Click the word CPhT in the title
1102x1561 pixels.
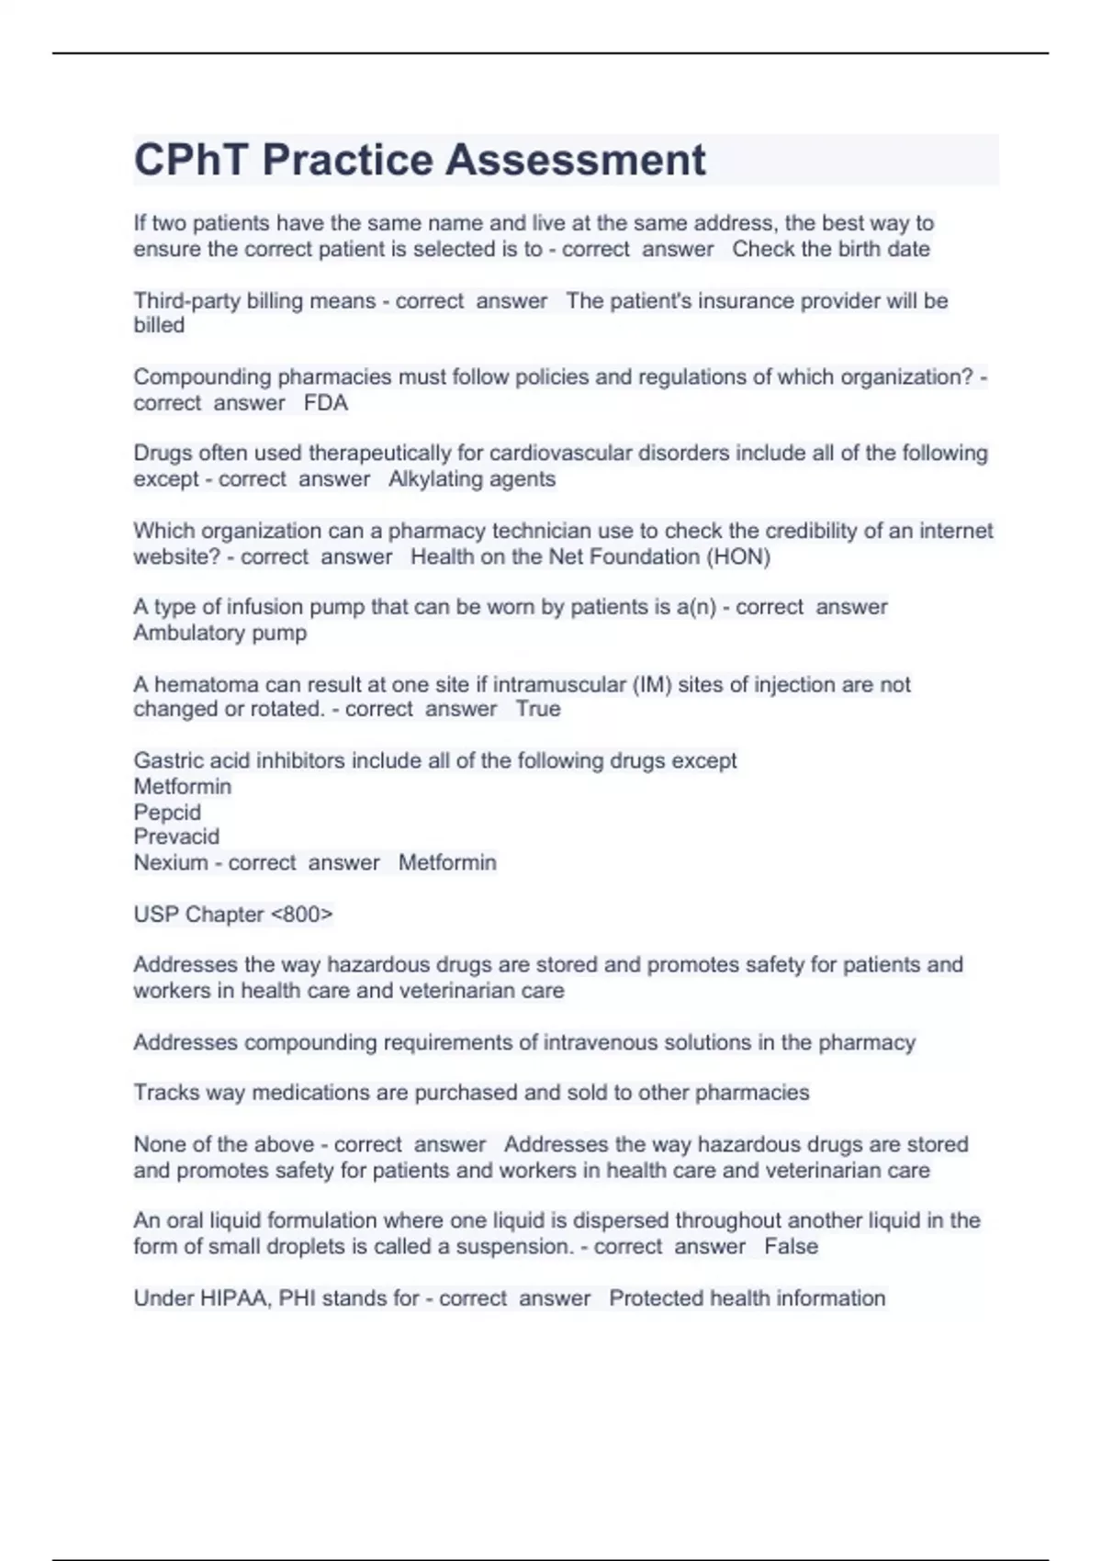point(191,160)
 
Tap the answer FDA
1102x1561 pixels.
point(326,403)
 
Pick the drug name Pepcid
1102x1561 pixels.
point(167,812)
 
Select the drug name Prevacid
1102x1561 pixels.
point(176,837)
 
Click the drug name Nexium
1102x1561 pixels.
point(171,862)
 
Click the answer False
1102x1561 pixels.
point(791,1247)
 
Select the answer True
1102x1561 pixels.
point(538,709)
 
